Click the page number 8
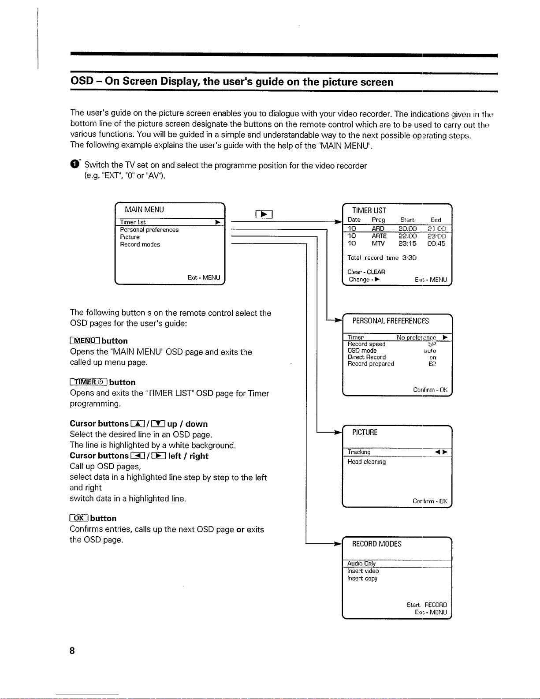pyautogui.click(x=72, y=650)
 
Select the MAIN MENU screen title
pyautogui.click(x=144, y=210)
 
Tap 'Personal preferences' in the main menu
pyautogui.click(x=149, y=230)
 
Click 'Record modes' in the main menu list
pyautogui.click(x=140, y=244)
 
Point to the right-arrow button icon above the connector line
pyautogui.click(x=264, y=214)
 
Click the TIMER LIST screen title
pyautogui.click(x=369, y=210)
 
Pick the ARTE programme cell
pyautogui.click(x=379, y=236)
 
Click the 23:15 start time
pyautogui.click(x=407, y=243)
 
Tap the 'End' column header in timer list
pyautogui.click(x=436, y=220)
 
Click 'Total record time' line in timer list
pyautogui.click(x=382, y=258)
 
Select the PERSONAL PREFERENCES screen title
pyautogui.click(x=391, y=321)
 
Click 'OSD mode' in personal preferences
pyautogui.click(x=362, y=351)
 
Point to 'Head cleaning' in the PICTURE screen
pyautogui.click(x=366, y=462)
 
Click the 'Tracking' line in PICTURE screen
pyautogui.click(x=359, y=452)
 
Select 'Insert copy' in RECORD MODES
pyautogui.click(x=362, y=579)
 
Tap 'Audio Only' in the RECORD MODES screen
pyautogui.click(x=361, y=564)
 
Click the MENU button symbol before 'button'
pyautogui.click(x=85, y=341)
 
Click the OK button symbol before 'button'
pyautogui.click(x=79, y=518)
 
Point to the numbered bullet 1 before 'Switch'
pyautogui.click(x=74, y=164)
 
